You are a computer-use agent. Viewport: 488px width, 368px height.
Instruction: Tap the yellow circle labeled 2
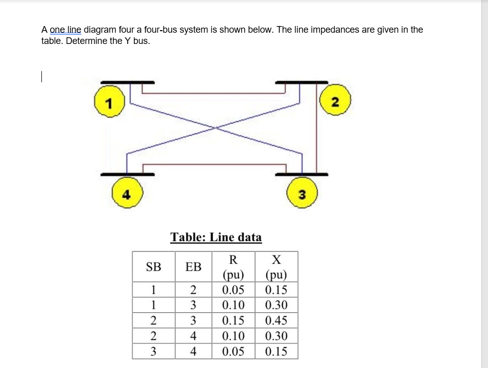335,102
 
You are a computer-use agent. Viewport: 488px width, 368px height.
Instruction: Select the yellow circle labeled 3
302,195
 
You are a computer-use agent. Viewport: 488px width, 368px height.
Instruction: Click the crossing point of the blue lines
214,128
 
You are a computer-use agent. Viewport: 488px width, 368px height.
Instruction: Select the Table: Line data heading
216,237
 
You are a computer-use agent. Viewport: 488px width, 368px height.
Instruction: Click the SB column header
153,267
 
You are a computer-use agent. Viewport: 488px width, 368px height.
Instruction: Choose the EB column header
193,267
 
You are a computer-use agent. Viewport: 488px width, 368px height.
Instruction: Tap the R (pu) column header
233,266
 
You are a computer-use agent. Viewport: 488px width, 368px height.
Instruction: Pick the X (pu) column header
276,266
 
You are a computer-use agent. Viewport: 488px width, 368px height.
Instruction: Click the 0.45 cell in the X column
276,321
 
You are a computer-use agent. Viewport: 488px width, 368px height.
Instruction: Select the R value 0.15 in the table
233,321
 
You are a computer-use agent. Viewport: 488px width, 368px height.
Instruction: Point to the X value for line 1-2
276,290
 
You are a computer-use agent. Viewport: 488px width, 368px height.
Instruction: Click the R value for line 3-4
233,352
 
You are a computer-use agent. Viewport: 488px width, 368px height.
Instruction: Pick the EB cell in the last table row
193,352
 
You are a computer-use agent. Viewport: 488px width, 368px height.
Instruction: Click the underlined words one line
65,30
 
